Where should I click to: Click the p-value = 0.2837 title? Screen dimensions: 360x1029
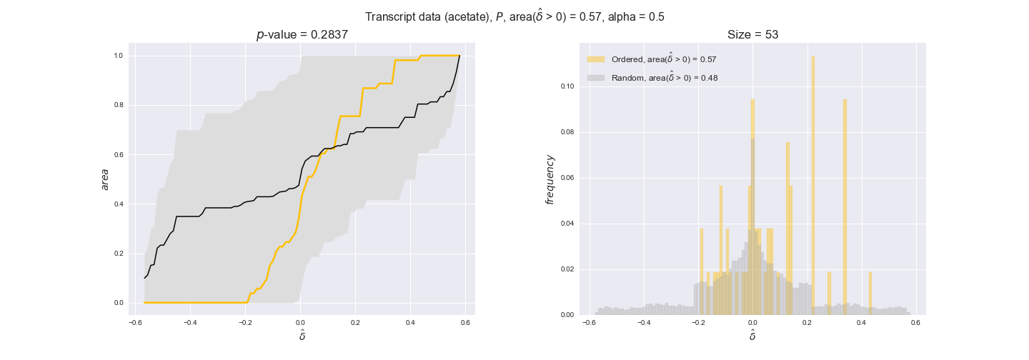pos(302,34)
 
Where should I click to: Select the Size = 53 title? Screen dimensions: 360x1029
pos(752,34)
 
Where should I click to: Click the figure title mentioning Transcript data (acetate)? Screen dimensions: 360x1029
pos(514,16)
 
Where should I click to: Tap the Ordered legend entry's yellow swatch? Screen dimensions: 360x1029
pos(596,59)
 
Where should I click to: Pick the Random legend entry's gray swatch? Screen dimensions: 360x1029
pos(596,78)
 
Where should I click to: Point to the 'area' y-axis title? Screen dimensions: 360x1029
pos(105,179)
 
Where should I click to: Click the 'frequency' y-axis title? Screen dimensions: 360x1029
pos(550,179)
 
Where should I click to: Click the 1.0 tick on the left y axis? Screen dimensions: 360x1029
pos(118,56)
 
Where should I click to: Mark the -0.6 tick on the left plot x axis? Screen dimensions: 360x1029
pos(134,322)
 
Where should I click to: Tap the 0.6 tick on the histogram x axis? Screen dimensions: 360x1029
pos(915,322)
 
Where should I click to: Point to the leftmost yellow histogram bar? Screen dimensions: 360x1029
pos(702,271)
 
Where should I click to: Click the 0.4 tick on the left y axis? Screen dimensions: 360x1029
pos(118,204)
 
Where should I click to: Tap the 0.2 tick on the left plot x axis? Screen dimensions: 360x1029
pos(355,322)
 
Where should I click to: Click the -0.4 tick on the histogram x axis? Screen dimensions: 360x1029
pos(642,322)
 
